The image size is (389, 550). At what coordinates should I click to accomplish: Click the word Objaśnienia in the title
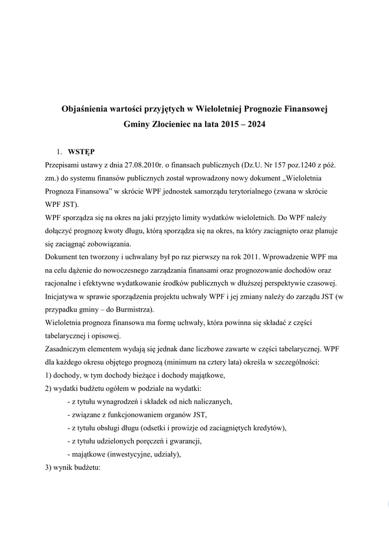point(85,109)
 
